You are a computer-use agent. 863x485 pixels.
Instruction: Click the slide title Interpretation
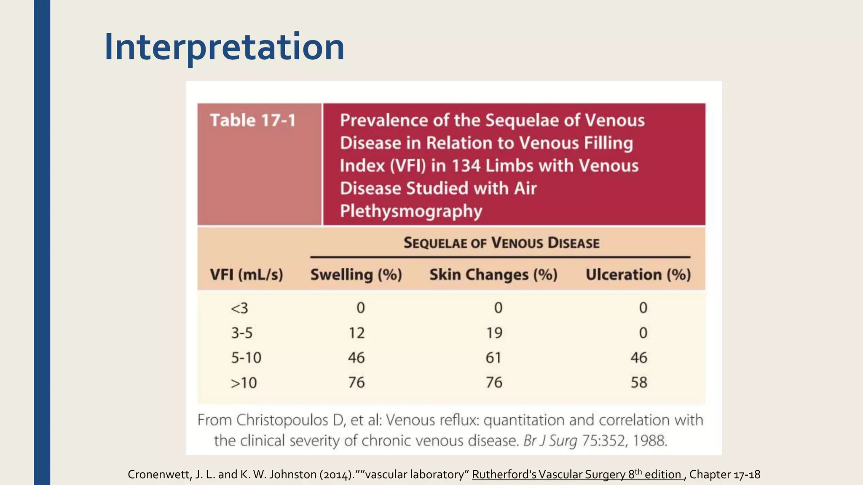tap(224, 47)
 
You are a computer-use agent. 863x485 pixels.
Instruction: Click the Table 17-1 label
tap(253, 120)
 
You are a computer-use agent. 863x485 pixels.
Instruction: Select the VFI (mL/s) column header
tap(247, 275)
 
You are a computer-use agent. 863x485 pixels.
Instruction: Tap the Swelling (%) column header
tap(356, 275)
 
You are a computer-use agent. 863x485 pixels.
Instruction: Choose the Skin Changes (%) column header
tap(493, 275)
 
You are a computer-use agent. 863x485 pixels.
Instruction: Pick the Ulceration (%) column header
tap(638, 275)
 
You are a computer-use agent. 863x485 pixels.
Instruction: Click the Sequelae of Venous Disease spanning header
tap(501, 243)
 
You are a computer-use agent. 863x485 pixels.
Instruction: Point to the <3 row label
tap(239, 308)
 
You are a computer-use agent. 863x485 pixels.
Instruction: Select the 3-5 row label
tap(241, 333)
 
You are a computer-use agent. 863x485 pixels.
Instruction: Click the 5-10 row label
tap(246, 358)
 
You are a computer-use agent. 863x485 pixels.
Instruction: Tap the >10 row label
tap(244, 383)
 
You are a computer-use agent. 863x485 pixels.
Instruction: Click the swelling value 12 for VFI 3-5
tap(356, 333)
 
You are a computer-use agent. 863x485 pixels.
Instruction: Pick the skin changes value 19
tap(494, 333)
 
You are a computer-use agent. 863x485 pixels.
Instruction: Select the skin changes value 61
tap(493, 358)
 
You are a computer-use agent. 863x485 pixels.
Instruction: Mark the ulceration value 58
tap(639, 382)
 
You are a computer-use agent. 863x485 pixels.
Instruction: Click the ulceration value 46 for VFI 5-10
tap(639, 358)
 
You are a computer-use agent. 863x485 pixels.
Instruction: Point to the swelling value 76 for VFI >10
tap(356, 382)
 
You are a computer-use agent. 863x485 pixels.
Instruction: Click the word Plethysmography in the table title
tap(411, 211)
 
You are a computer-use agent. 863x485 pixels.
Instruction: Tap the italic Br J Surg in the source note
tap(550, 441)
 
